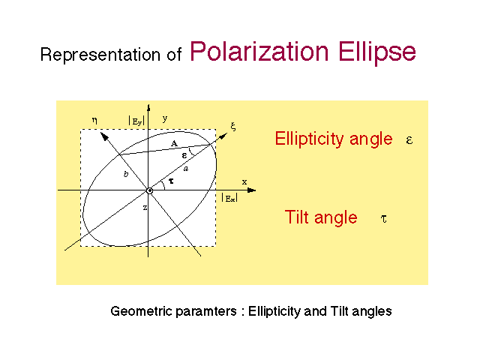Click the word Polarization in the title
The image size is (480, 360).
(259, 51)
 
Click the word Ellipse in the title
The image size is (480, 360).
(377, 52)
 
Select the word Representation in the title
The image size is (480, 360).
(100, 55)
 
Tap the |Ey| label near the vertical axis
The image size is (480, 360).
(136, 121)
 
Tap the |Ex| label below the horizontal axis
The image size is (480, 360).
(229, 198)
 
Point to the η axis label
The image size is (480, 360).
(94, 120)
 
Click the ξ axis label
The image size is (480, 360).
(233, 126)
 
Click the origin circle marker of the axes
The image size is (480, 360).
(149, 190)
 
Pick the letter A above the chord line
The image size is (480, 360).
(174, 143)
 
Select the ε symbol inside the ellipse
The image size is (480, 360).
(184, 155)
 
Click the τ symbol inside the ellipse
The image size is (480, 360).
(171, 181)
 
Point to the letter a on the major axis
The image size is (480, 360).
(186, 168)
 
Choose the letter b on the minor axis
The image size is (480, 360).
(126, 174)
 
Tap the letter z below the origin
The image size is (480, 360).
(145, 208)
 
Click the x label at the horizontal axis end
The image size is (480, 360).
(244, 182)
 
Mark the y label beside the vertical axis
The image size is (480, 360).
(165, 118)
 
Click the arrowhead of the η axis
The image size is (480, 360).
(104, 136)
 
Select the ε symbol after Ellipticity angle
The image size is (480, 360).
(409, 140)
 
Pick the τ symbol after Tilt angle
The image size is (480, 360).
(383, 218)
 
